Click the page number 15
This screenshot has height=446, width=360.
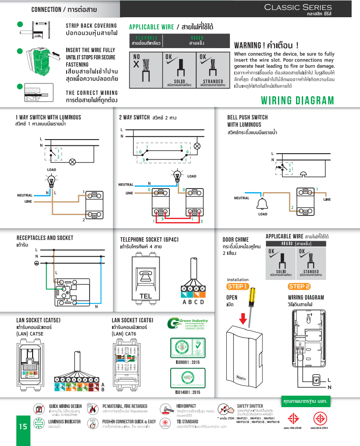(x=23, y=427)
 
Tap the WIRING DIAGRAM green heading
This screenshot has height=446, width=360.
(x=298, y=101)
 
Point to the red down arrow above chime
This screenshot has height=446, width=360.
(x=243, y=318)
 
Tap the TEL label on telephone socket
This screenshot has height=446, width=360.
(x=145, y=296)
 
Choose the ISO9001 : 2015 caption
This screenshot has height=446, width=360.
(x=187, y=362)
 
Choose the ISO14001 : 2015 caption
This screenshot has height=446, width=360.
(x=187, y=392)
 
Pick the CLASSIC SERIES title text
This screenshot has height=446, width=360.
(x=298, y=7)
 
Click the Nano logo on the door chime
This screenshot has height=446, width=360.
(x=241, y=378)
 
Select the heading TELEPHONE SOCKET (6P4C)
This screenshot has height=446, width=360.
(x=146, y=239)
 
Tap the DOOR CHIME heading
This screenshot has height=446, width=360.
(x=236, y=239)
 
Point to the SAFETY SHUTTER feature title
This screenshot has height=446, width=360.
(x=250, y=406)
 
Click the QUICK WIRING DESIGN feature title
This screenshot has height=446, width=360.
(x=65, y=406)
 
